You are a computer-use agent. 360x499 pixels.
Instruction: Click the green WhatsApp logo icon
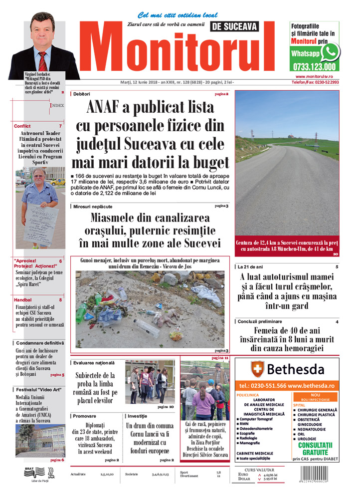(330, 51)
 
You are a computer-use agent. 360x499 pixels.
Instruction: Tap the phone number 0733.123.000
(315, 66)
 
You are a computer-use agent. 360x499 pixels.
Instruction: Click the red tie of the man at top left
(42, 61)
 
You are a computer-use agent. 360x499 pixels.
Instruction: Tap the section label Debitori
(82, 94)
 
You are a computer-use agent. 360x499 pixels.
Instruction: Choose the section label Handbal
(23, 300)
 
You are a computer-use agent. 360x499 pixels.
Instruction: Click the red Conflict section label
(22, 126)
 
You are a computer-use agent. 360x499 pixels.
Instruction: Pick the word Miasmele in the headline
(114, 218)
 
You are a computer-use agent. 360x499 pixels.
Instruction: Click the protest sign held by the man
(39, 224)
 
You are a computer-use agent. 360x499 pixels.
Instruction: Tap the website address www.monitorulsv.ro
(314, 76)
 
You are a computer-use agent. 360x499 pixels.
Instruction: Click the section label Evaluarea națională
(94, 362)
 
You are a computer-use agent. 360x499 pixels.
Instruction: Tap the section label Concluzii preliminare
(260, 321)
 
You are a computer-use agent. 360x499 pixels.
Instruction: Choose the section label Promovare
(84, 415)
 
